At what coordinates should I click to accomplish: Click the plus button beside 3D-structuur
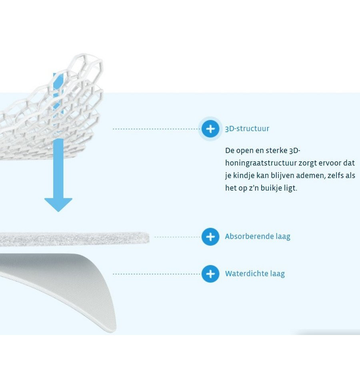click(x=210, y=128)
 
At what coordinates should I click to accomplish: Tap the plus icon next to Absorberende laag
click(x=210, y=237)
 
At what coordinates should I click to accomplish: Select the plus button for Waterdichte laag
click(x=210, y=274)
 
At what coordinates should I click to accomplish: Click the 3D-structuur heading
click(x=247, y=128)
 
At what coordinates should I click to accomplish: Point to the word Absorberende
click(x=249, y=236)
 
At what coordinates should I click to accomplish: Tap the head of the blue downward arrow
click(x=58, y=205)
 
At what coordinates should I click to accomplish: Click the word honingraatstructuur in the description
click(x=261, y=163)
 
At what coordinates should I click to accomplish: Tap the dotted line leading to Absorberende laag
click(x=178, y=237)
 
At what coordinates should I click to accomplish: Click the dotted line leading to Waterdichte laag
click(x=156, y=274)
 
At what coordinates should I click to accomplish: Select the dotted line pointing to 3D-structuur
click(x=156, y=129)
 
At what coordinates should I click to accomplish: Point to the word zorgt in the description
click(x=307, y=163)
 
